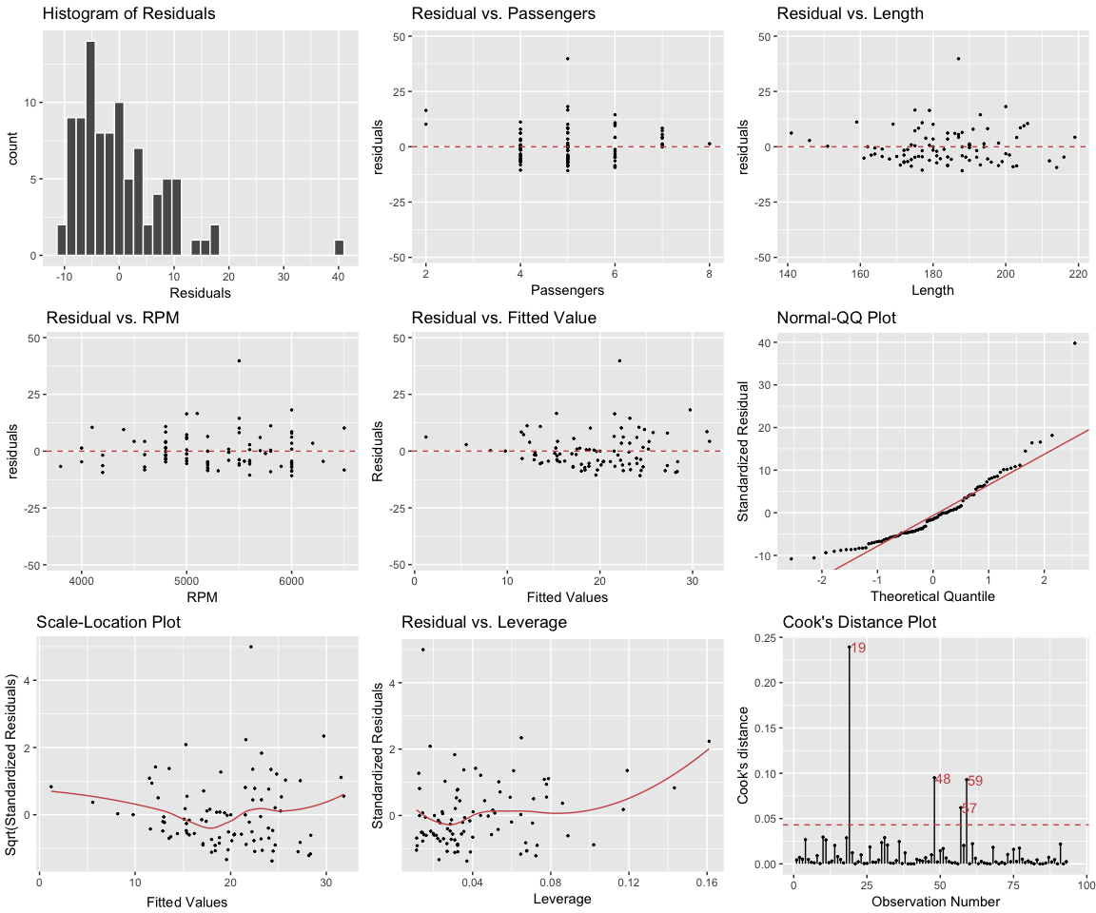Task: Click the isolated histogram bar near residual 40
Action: [x=339, y=247]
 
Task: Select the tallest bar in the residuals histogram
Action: [x=90, y=148]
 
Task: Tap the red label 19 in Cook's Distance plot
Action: [x=858, y=649]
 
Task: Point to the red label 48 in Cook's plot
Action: [x=943, y=780]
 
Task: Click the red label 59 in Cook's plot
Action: [x=975, y=781]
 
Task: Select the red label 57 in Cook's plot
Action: [x=969, y=809]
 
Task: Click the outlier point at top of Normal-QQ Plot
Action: [x=1075, y=343]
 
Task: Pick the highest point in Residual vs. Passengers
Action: [x=567, y=58]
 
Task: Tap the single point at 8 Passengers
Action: [x=709, y=144]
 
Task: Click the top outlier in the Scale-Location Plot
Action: [x=250, y=647]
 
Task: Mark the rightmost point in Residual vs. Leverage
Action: [x=709, y=742]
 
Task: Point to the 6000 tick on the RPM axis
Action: [x=291, y=578]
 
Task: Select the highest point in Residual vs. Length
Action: [x=958, y=58]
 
